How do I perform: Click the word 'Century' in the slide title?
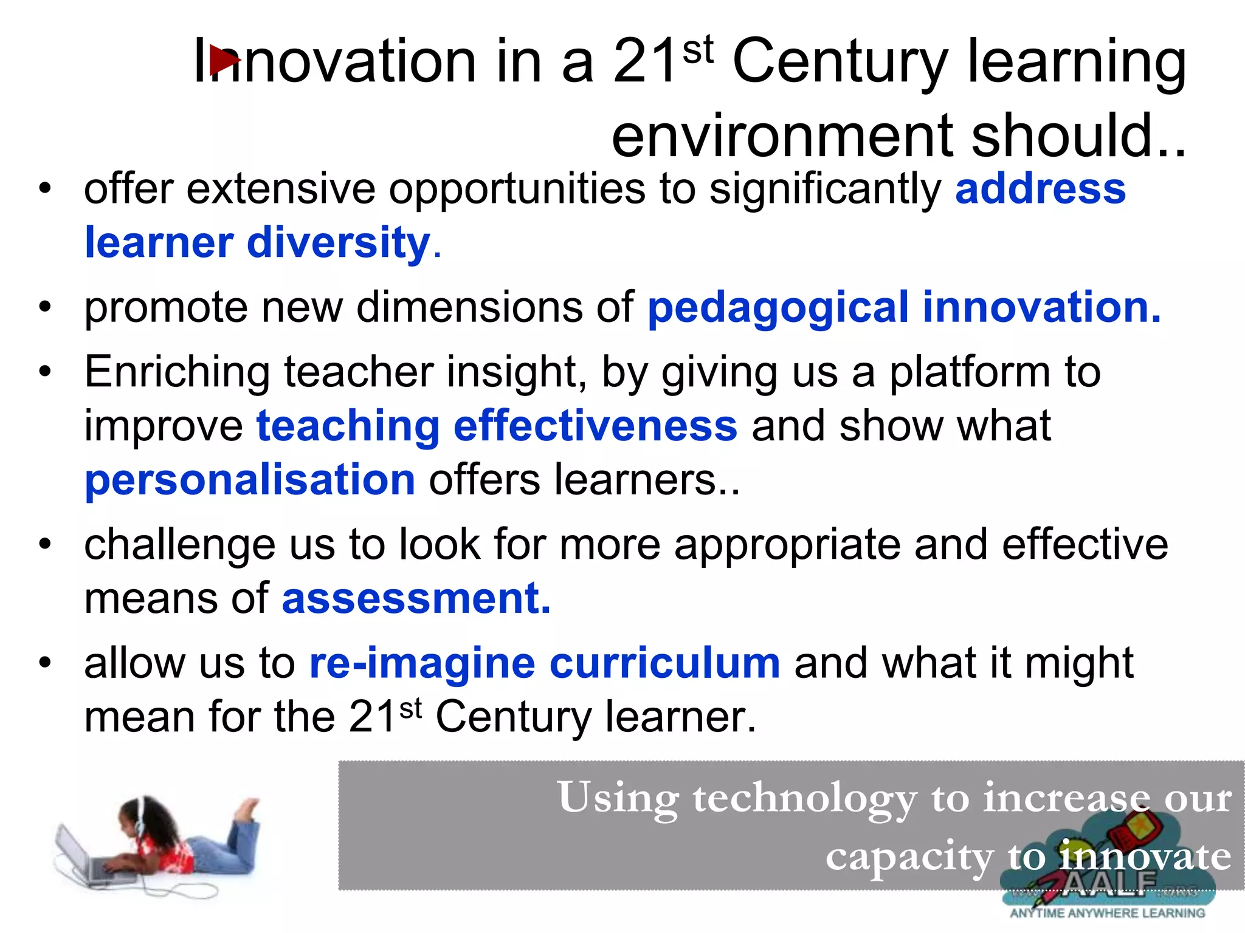840,62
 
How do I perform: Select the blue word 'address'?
1040,189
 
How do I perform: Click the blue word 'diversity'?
339,243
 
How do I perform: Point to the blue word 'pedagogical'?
778,308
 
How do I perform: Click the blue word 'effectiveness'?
595,426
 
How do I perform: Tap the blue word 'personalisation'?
250,480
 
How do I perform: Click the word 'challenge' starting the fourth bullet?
179,545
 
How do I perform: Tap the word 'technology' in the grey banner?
804,798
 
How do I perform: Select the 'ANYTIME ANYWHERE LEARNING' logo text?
1107,913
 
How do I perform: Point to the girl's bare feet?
247,808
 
